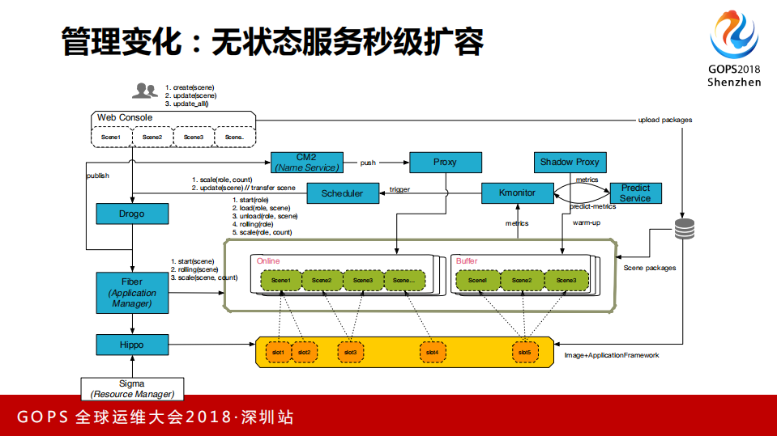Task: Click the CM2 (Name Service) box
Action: [306, 162]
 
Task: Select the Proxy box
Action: [445, 162]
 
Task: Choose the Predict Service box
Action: [635, 193]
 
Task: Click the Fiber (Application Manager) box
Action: [131, 292]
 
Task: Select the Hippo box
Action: [131, 345]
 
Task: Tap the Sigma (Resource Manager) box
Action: [131, 388]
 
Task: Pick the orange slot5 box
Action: [524, 353]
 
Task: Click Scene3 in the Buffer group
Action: [566, 280]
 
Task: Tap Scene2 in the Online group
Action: [322, 280]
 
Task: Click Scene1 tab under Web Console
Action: [110, 138]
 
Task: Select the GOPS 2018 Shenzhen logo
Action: [733, 49]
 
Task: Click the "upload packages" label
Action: [664, 120]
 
